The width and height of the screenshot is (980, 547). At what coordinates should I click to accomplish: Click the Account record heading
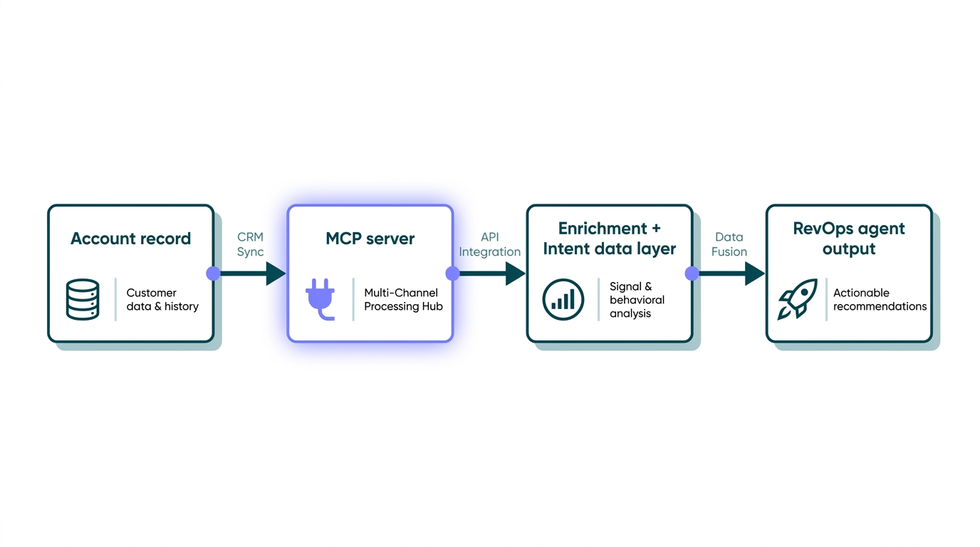click(131, 239)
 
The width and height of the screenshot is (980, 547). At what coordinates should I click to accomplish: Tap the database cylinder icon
click(83, 300)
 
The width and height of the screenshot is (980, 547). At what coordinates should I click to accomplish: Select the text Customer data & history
click(162, 299)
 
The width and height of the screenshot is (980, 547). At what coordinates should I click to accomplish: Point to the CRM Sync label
click(250, 244)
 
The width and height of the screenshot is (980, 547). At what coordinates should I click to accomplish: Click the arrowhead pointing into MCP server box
click(276, 273)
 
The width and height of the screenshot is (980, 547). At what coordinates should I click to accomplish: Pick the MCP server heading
click(370, 239)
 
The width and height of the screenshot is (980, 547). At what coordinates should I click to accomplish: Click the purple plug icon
click(320, 300)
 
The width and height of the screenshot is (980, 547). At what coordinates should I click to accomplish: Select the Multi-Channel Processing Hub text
click(403, 299)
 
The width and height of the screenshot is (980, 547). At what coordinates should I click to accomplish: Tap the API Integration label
click(489, 244)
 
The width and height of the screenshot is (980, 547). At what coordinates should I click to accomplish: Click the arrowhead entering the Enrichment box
click(515, 273)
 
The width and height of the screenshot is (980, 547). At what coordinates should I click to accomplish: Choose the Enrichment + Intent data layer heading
click(610, 239)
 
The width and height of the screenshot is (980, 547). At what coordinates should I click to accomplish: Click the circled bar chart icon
click(563, 300)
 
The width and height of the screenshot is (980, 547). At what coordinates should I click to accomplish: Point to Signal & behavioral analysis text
click(637, 300)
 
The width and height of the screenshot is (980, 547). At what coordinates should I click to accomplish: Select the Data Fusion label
click(729, 244)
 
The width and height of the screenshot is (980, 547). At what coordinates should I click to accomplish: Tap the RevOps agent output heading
click(849, 239)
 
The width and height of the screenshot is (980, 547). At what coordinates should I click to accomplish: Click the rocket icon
click(797, 299)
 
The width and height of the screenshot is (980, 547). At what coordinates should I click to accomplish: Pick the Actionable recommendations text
click(880, 299)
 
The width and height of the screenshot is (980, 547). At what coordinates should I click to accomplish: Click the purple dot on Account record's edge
click(214, 273)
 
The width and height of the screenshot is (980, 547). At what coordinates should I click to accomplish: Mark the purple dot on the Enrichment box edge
click(692, 273)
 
